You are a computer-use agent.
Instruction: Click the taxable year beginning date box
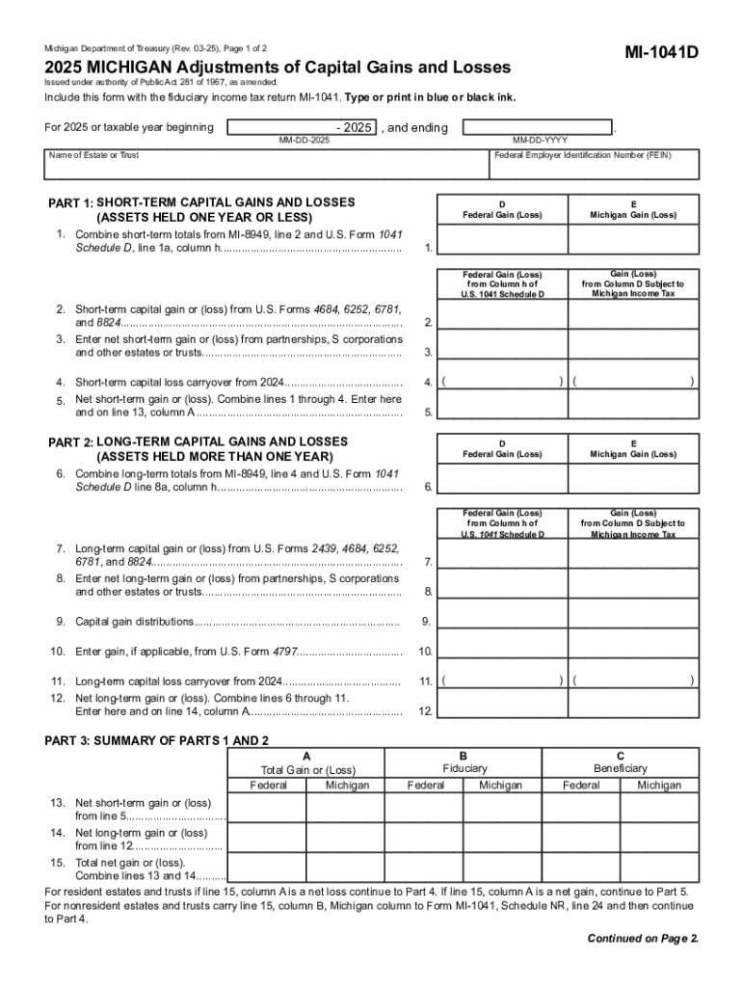(302, 127)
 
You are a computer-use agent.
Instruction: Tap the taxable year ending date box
(537, 127)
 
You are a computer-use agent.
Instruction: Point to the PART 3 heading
(157, 740)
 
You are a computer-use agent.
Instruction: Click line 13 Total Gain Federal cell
(268, 809)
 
